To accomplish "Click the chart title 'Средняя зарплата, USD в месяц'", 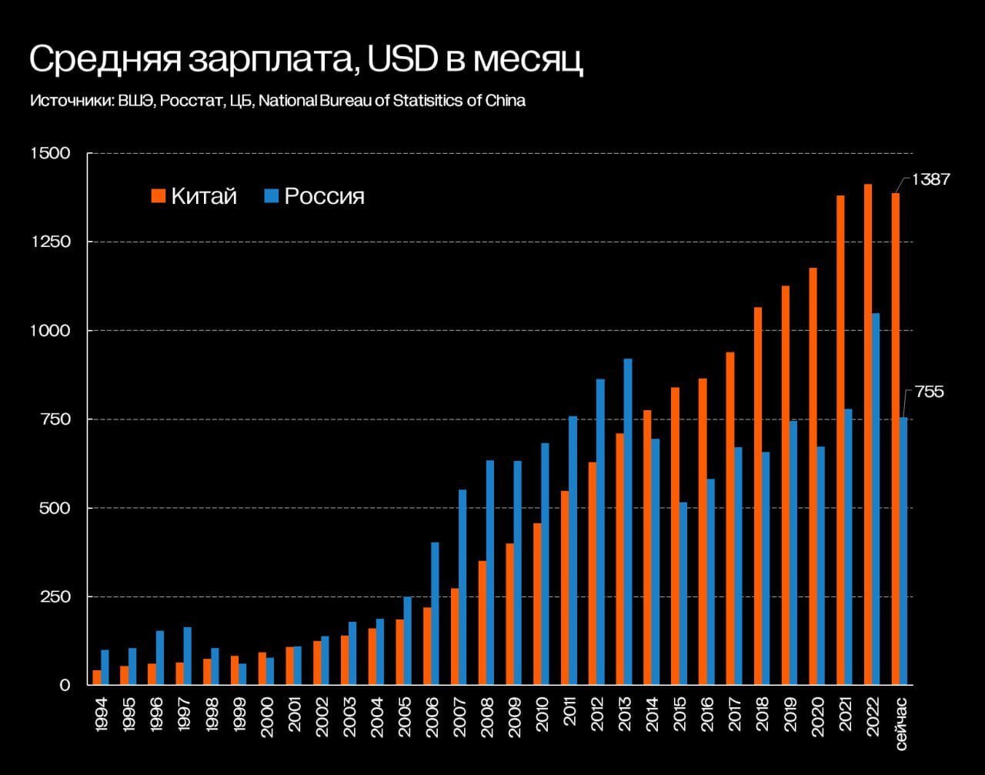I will click(x=306, y=60).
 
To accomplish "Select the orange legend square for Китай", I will click(x=159, y=195).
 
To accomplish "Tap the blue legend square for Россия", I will click(x=271, y=195).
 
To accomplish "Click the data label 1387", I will click(x=931, y=179).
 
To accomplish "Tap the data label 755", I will click(x=929, y=393).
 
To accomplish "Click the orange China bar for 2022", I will click(x=868, y=435).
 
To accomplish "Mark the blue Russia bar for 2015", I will click(x=683, y=593).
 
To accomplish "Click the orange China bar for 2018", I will click(x=758, y=496).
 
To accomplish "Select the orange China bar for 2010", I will click(x=537, y=604).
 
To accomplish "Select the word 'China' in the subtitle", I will click(x=506, y=101).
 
